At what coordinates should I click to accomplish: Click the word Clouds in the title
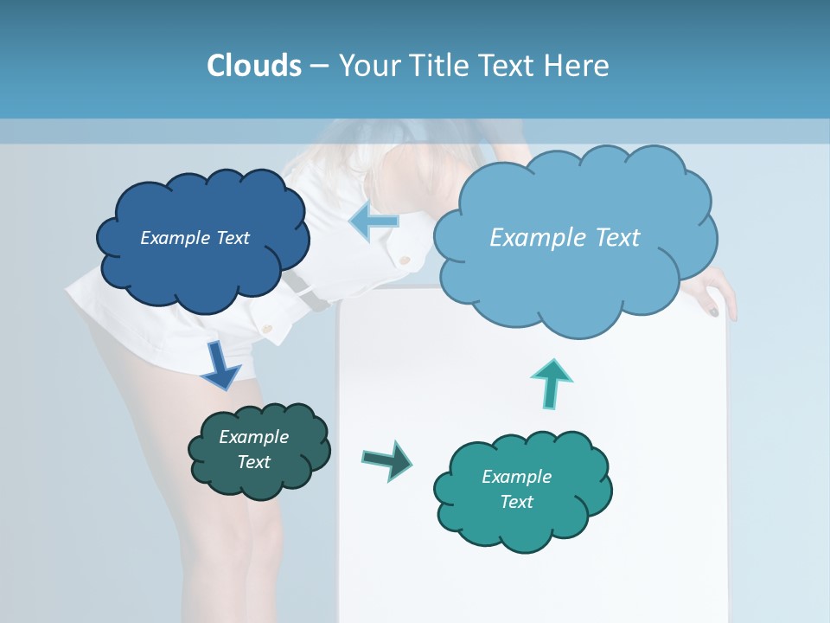(254, 66)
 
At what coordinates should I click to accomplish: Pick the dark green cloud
(258, 450)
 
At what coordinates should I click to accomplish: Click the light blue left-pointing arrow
(373, 222)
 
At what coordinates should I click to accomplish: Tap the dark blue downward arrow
(221, 364)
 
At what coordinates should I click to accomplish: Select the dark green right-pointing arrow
(387, 459)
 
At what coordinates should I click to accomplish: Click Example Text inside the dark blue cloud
(195, 238)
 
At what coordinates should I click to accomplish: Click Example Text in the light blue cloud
(565, 237)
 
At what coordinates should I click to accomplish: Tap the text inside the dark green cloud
(253, 449)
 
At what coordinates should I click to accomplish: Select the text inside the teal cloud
(516, 489)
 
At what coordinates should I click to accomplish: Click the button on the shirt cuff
(267, 328)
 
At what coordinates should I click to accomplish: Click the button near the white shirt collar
(403, 258)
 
